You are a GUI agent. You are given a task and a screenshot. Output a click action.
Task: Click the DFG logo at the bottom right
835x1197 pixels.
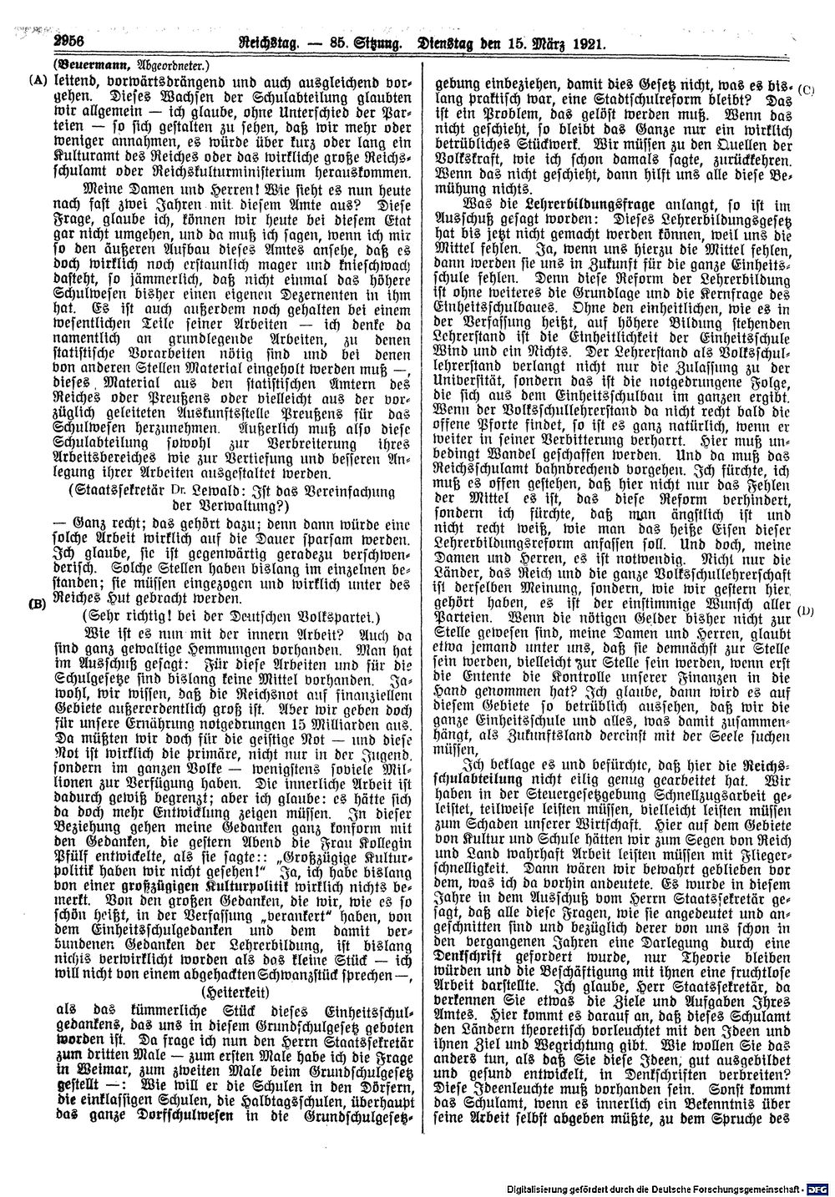click(x=818, y=1188)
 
